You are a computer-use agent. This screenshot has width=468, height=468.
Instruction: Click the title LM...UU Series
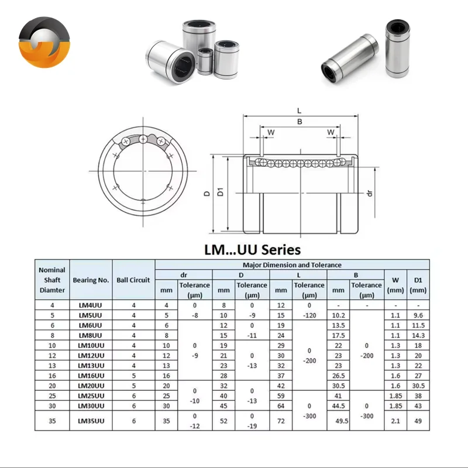[252, 250]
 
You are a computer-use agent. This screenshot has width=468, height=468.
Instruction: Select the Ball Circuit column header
[133, 280]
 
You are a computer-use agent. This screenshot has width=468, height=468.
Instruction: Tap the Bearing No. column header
[91, 280]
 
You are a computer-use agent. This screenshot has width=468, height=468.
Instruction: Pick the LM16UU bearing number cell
[91, 375]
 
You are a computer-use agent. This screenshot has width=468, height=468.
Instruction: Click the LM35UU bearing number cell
[91, 420]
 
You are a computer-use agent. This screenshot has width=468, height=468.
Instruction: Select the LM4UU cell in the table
[91, 305]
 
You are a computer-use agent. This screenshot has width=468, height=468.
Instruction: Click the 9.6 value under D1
[418, 315]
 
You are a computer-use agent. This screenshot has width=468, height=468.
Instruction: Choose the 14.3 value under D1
[418, 335]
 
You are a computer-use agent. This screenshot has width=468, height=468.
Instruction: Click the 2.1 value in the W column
[395, 420]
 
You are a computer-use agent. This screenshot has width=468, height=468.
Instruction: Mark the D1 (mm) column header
[418, 285]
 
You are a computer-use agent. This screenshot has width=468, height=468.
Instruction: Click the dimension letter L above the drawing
[299, 110]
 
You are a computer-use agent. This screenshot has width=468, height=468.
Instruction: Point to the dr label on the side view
[369, 192]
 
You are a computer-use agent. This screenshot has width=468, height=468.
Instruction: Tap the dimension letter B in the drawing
[299, 122]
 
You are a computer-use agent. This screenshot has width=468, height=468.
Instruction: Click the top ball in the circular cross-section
[143, 139]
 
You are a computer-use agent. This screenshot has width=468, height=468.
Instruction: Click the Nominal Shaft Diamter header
[52, 280]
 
